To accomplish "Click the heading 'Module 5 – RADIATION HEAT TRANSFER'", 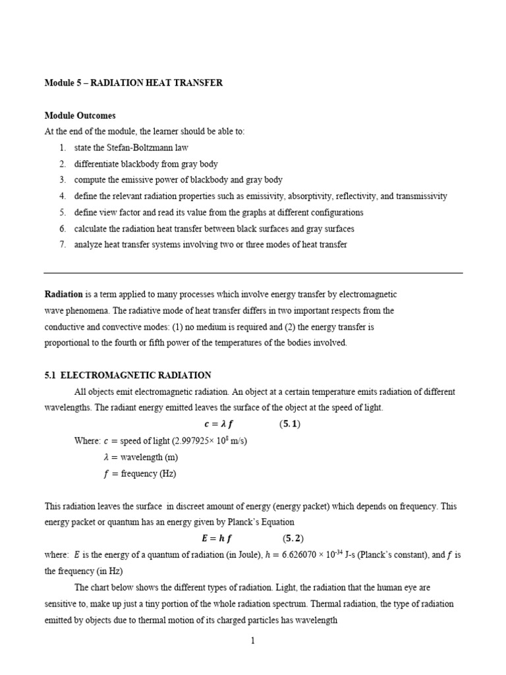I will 133,83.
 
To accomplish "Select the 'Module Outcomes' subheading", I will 80,115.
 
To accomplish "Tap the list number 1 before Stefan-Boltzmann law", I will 62,148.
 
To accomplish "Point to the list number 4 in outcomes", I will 62,196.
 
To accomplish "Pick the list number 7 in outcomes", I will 62,245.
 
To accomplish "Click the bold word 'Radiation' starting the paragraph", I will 63,294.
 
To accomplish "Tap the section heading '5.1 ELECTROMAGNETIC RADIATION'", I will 127,375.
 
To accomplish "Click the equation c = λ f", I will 219,425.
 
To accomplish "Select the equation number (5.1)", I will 289,425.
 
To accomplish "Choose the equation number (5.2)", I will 293,539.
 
